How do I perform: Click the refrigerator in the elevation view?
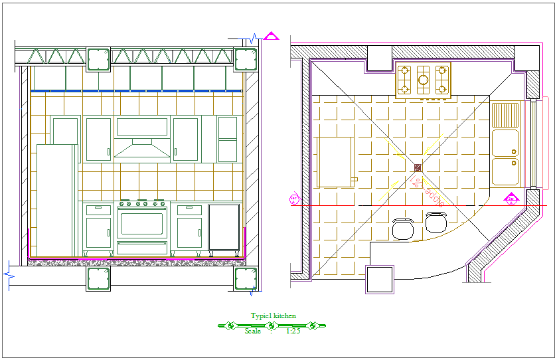[x=57, y=199]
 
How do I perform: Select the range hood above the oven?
[x=142, y=148]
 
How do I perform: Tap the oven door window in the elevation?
[x=142, y=223]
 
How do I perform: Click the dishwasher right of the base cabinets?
[x=224, y=226]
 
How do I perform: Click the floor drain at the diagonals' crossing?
[x=418, y=167]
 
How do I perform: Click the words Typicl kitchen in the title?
[x=273, y=316]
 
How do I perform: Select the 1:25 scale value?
[x=293, y=331]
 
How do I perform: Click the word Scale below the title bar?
[x=253, y=331]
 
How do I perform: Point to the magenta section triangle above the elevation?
[x=271, y=36]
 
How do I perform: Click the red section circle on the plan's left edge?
[x=294, y=199]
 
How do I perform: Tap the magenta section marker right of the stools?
[x=511, y=198]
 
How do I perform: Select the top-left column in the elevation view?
[x=98, y=59]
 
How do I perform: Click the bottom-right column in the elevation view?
[x=245, y=278]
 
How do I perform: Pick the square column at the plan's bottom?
[x=380, y=278]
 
